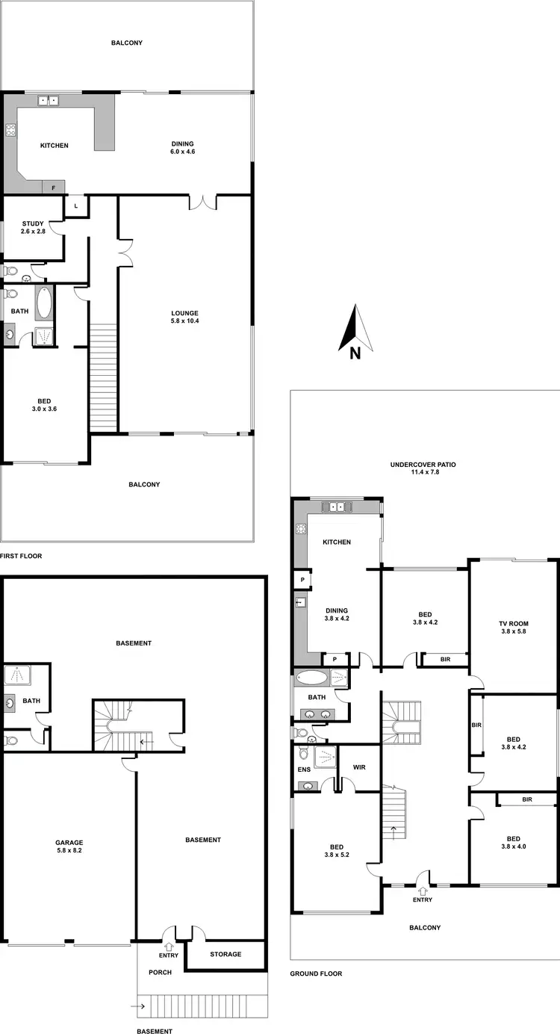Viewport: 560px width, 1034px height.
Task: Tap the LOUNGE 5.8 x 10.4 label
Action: coord(184,316)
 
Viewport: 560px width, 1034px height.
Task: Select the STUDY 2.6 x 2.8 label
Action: coord(33,227)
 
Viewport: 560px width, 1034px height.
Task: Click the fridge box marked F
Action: coord(53,188)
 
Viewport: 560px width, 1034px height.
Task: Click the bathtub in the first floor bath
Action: coord(43,303)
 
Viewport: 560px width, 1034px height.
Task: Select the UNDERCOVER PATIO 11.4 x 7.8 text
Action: coord(423,468)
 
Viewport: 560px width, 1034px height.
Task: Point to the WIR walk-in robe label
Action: coord(358,767)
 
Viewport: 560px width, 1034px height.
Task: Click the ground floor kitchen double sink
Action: coord(337,507)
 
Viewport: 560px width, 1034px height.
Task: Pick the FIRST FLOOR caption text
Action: coord(21,556)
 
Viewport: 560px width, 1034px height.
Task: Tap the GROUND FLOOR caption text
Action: coord(316,973)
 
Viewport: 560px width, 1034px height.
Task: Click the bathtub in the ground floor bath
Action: coord(311,678)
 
